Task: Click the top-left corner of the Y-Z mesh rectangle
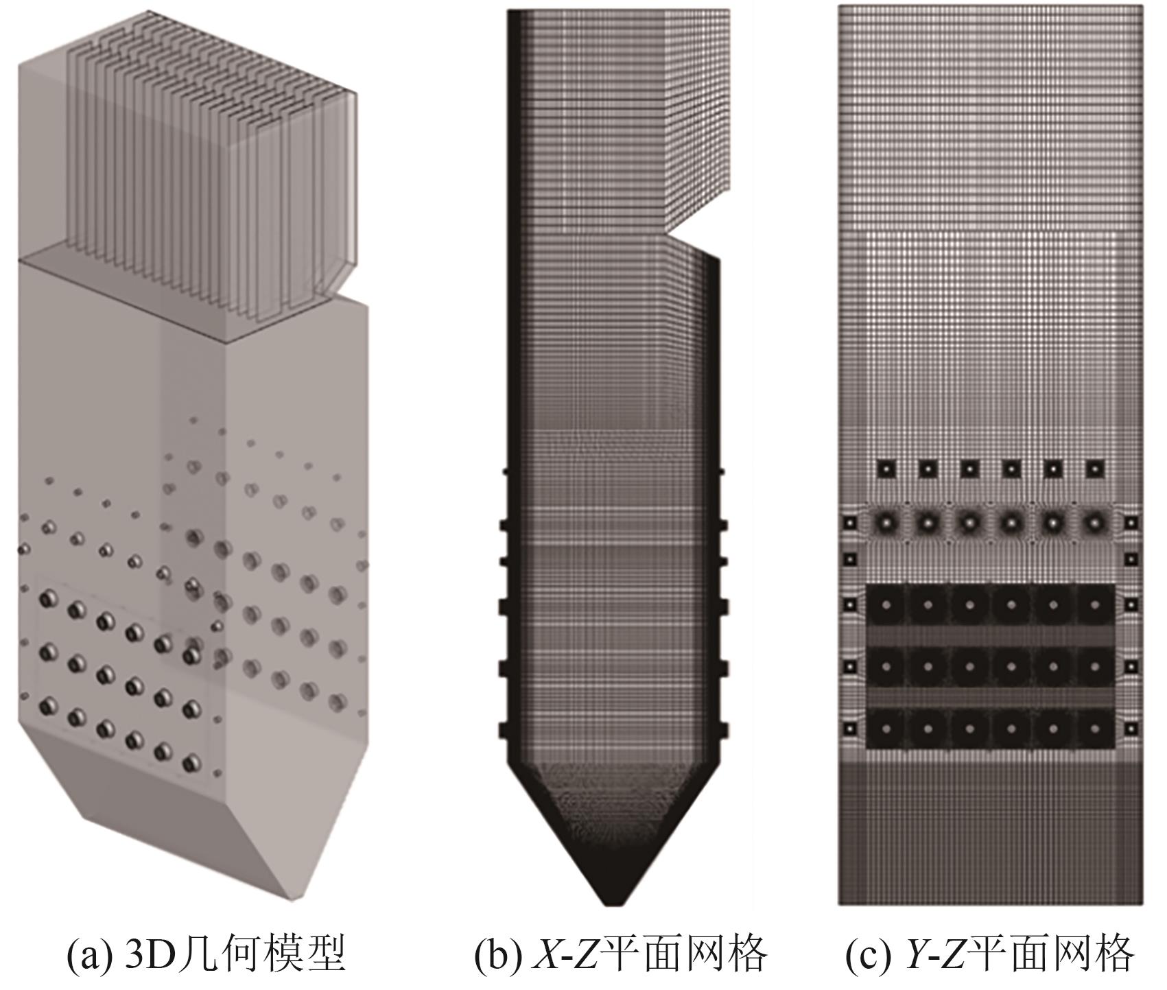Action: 838,5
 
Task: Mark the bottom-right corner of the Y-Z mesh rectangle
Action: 1145,904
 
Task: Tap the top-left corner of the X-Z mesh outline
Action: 508,10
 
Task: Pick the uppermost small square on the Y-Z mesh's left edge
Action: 850,523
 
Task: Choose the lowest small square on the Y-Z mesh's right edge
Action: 1131,728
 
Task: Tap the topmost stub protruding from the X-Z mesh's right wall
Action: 722,472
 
